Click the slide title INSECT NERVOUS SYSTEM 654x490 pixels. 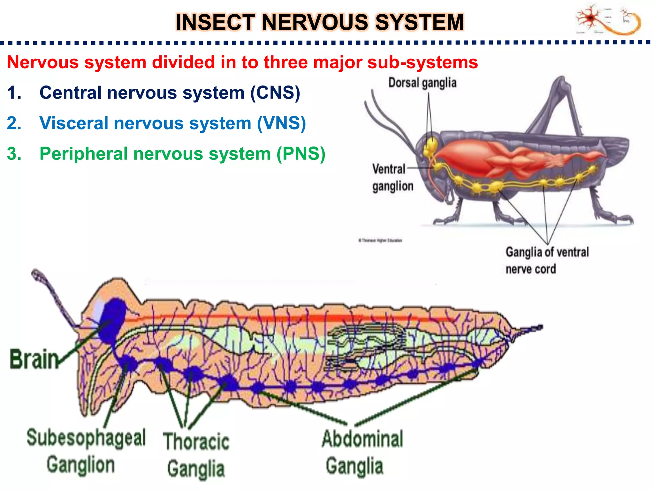tap(319, 22)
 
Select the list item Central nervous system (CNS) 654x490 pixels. tap(169, 93)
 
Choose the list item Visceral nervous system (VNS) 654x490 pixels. tap(172, 123)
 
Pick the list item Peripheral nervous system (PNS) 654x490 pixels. tap(182, 154)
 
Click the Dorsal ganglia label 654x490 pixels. tap(422, 83)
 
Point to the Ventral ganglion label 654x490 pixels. tap(392, 177)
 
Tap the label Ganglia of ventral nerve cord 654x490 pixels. tap(547, 260)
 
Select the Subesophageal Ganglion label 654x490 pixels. tap(86, 450)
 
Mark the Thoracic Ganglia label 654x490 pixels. tap(196, 455)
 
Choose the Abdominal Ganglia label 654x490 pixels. tap(362, 452)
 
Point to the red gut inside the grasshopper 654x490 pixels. tap(479, 156)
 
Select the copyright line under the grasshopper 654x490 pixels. tap(380, 240)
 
